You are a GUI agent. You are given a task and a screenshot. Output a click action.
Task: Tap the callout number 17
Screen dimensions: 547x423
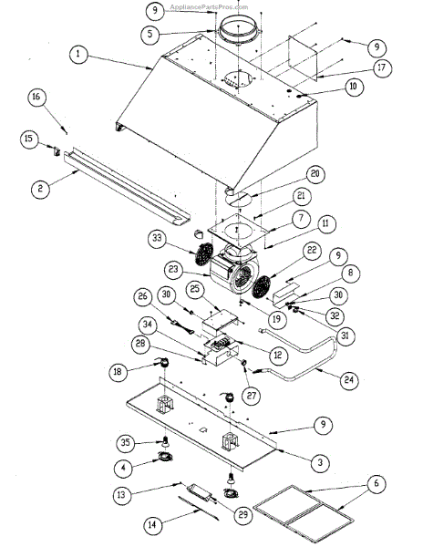(356, 67)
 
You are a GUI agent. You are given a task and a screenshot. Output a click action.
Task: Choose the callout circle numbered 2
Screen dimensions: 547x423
(40, 190)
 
